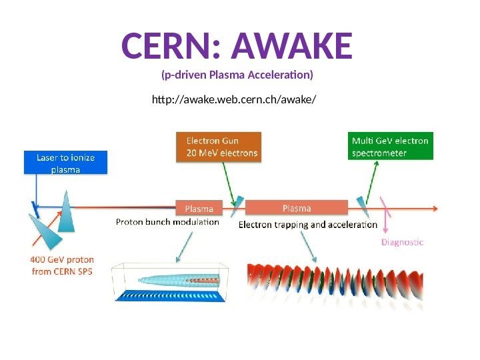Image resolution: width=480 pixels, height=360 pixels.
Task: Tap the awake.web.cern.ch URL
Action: [x=233, y=100]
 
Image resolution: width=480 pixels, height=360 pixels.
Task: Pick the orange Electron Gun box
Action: [x=219, y=147]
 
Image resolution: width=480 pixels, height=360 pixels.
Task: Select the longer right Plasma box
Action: [x=296, y=208]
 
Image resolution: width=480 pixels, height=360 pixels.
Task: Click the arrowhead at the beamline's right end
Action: [x=435, y=208]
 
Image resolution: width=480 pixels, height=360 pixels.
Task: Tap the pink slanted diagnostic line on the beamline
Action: [x=385, y=208]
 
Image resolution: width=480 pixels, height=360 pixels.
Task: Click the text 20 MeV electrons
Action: [x=222, y=153]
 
